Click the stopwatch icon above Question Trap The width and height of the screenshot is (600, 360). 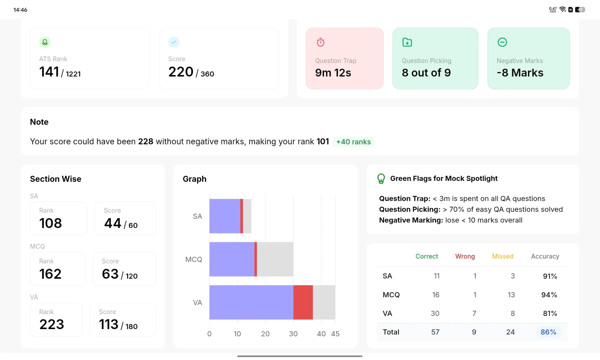point(320,42)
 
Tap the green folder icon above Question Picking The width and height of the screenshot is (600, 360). point(407,42)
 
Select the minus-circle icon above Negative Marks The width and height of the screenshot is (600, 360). point(502,42)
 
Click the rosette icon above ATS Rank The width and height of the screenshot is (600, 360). point(45,42)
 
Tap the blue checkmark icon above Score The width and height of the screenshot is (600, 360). point(174,42)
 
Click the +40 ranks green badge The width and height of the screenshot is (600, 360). point(353,142)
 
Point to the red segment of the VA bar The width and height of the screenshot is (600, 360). point(303,302)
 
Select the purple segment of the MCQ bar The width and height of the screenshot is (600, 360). point(232,259)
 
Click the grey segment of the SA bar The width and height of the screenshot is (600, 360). point(247,216)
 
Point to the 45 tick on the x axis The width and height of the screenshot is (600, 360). point(335,334)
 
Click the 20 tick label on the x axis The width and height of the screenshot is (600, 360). point(265,334)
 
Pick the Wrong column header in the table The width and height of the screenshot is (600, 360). point(465,256)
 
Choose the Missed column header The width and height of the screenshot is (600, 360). point(502,256)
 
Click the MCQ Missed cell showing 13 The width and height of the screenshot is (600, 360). point(511,295)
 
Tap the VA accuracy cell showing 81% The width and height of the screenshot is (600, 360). point(550,313)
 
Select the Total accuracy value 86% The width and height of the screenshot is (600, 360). point(548,332)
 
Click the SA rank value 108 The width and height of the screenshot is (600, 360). point(51,223)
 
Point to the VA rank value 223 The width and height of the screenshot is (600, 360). point(52,324)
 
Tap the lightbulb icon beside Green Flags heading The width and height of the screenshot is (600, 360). point(381,179)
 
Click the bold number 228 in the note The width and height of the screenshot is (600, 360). point(146,142)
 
